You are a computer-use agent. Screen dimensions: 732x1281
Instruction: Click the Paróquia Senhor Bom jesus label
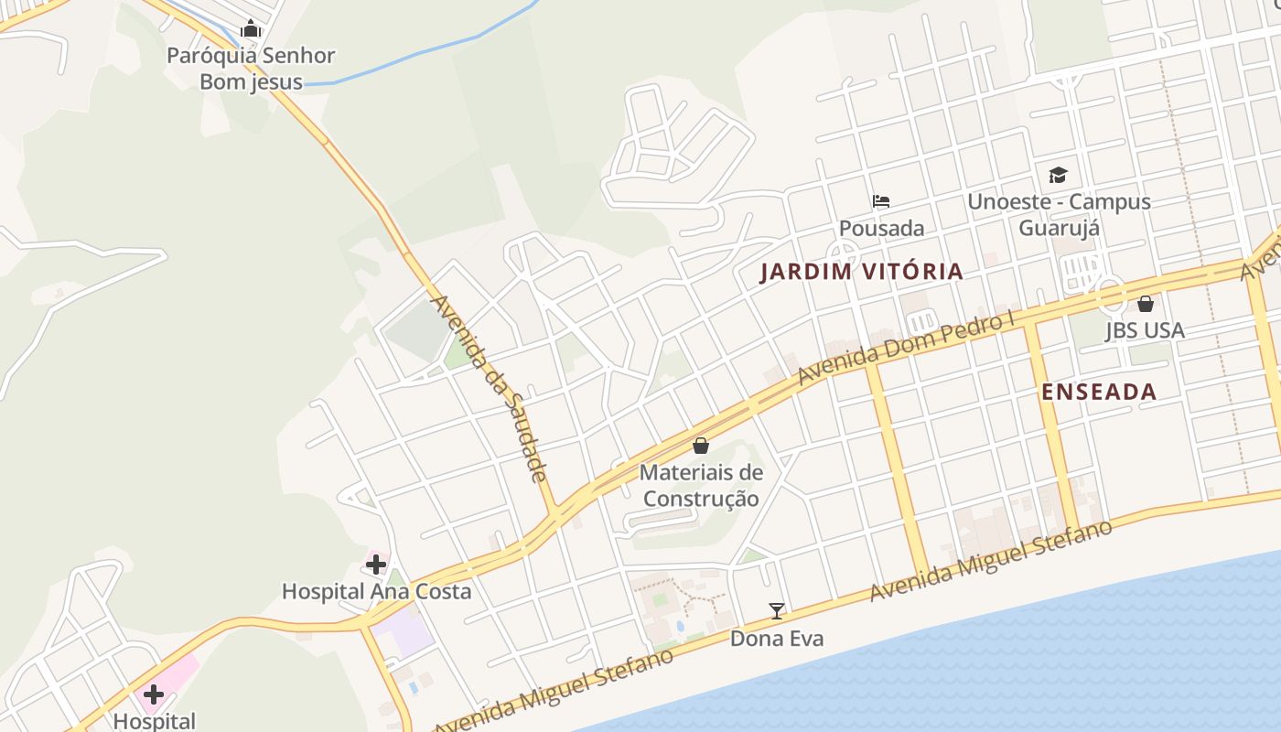[x=251, y=69]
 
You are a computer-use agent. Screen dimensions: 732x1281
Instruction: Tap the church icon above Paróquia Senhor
[x=251, y=29]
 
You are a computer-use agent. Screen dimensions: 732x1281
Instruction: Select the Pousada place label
[x=882, y=228]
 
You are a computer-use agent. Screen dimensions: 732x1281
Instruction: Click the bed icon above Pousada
[x=881, y=201]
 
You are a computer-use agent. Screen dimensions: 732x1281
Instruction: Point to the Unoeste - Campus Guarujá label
[x=1059, y=214]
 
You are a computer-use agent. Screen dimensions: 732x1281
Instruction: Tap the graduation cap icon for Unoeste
[x=1058, y=175]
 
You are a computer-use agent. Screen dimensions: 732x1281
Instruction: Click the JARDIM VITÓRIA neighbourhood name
[x=861, y=271]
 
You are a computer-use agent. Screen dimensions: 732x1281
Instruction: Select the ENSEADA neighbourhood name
[x=1099, y=392]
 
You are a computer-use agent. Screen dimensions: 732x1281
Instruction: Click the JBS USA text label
[x=1145, y=330]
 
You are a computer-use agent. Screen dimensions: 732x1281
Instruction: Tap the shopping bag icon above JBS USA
[x=1145, y=304]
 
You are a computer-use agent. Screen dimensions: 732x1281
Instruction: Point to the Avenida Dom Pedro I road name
[x=907, y=349]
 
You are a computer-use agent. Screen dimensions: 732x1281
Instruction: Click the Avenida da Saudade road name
[x=489, y=388]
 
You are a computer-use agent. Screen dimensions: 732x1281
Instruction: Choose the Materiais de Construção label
[x=701, y=486]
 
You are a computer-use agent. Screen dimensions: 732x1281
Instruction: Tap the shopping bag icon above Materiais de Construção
[x=701, y=446]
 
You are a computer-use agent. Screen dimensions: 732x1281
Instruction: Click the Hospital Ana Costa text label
[x=376, y=591]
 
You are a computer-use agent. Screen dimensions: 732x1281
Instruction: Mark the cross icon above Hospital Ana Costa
[x=375, y=565]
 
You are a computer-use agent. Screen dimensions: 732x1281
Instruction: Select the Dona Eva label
[x=776, y=639]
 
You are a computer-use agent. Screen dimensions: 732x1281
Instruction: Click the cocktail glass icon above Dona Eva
[x=776, y=611]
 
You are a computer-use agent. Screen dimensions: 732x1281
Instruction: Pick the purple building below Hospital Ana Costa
[x=403, y=634]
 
